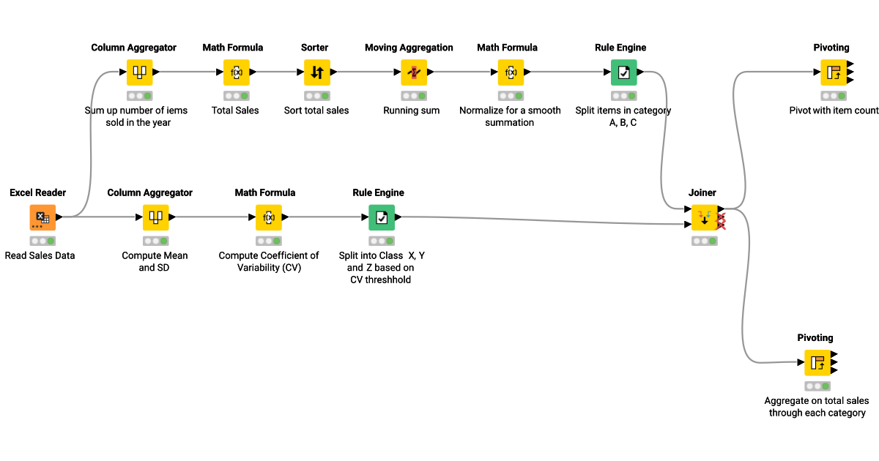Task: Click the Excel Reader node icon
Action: coord(42,217)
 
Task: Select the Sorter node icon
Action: coord(316,72)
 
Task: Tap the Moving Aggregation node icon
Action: coord(414,72)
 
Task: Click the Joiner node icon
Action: coord(705,217)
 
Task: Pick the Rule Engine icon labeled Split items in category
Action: coord(623,72)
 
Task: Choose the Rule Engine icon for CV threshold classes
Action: coord(381,217)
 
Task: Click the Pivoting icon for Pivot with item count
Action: coord(834,72)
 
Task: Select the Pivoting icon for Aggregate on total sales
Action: coord(817,362)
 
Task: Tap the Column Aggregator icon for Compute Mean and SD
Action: coord(155,217)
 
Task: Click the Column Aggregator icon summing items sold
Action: coord(139,72)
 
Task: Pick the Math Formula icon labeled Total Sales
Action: coord(236,72)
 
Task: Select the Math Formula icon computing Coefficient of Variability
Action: coord(268,217)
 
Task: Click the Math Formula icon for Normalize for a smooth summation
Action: coord(510,72)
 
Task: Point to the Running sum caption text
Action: coord(412,110)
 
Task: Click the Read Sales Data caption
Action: coord(40,255)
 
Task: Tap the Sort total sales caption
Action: coord(316,110)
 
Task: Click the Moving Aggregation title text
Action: coord(409,48)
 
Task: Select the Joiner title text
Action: coord(702,192)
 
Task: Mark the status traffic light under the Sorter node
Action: coord(316,96)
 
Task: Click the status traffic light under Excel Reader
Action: coord(42,241)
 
